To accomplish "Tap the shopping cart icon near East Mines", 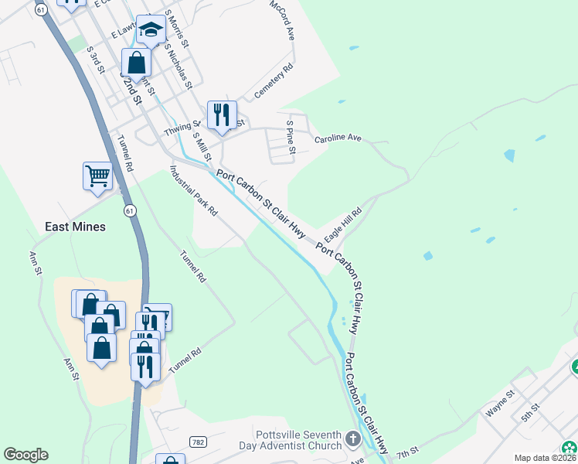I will pos(97,176).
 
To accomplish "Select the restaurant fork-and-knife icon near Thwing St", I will pos(222,115).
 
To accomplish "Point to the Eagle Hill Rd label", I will pos(344,223).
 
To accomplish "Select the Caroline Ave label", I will pos(338,138).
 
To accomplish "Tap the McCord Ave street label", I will pos(283,21).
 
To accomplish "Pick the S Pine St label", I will pos(291,137).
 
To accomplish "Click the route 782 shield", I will pos(198,442).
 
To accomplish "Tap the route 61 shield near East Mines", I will pos(130,210).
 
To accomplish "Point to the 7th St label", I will pos(407,450).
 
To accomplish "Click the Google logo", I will pos(25,455).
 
